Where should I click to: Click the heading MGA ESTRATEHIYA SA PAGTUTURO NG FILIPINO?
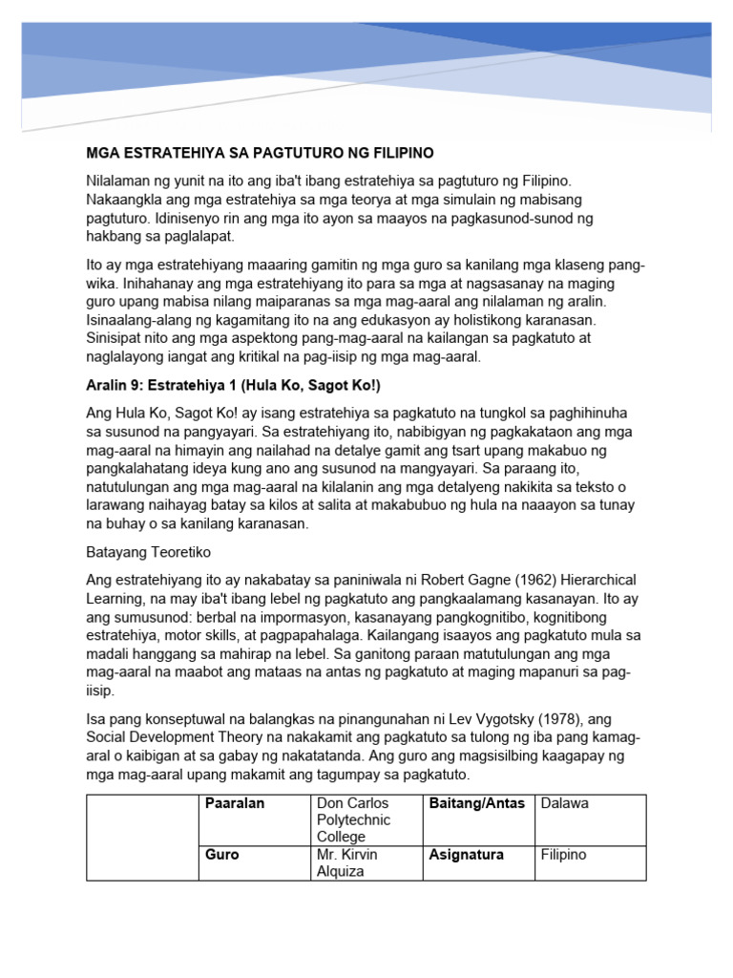pos(260,153)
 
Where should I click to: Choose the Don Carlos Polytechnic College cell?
pos(353,819)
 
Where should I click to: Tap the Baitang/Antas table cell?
pos(477,803)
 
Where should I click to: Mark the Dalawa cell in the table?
pos(565,803)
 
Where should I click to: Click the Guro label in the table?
pos(222,855)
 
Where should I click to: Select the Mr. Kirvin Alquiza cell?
pos(347,863)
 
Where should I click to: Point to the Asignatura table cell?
pos(466,855)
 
